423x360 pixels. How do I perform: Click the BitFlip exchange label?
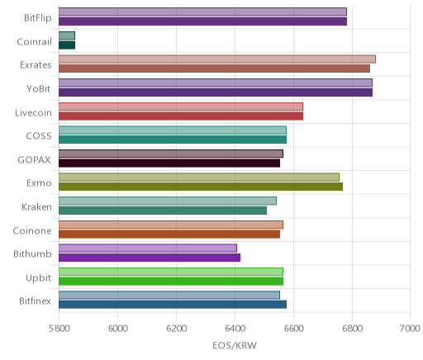[38, 18]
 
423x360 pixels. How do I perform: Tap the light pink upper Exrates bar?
[217, 59]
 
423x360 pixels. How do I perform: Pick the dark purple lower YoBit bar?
[216, 92]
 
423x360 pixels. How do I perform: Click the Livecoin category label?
[33, 113]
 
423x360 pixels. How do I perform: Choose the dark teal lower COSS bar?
[173, 140]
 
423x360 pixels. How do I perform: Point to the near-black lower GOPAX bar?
[169, 163]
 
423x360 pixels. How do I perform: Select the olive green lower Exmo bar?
[201, 187]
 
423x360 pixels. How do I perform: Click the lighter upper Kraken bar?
[168, 201]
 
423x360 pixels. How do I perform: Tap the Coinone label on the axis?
[32, 230]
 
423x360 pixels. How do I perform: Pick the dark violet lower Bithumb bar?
[150, 258]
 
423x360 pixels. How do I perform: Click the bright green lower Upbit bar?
[171, 282]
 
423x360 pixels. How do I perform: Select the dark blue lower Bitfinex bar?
[173, 305]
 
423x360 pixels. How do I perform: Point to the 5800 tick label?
[59, 329]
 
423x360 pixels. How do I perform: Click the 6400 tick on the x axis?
[235, 329]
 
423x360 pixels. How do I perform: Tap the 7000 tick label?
[410, 329]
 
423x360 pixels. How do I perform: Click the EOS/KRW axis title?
[235, 345]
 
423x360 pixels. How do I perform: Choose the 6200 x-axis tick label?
[176, 329]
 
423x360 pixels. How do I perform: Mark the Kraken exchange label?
[36, 206]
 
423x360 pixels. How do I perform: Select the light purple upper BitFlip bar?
[202, 12]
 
